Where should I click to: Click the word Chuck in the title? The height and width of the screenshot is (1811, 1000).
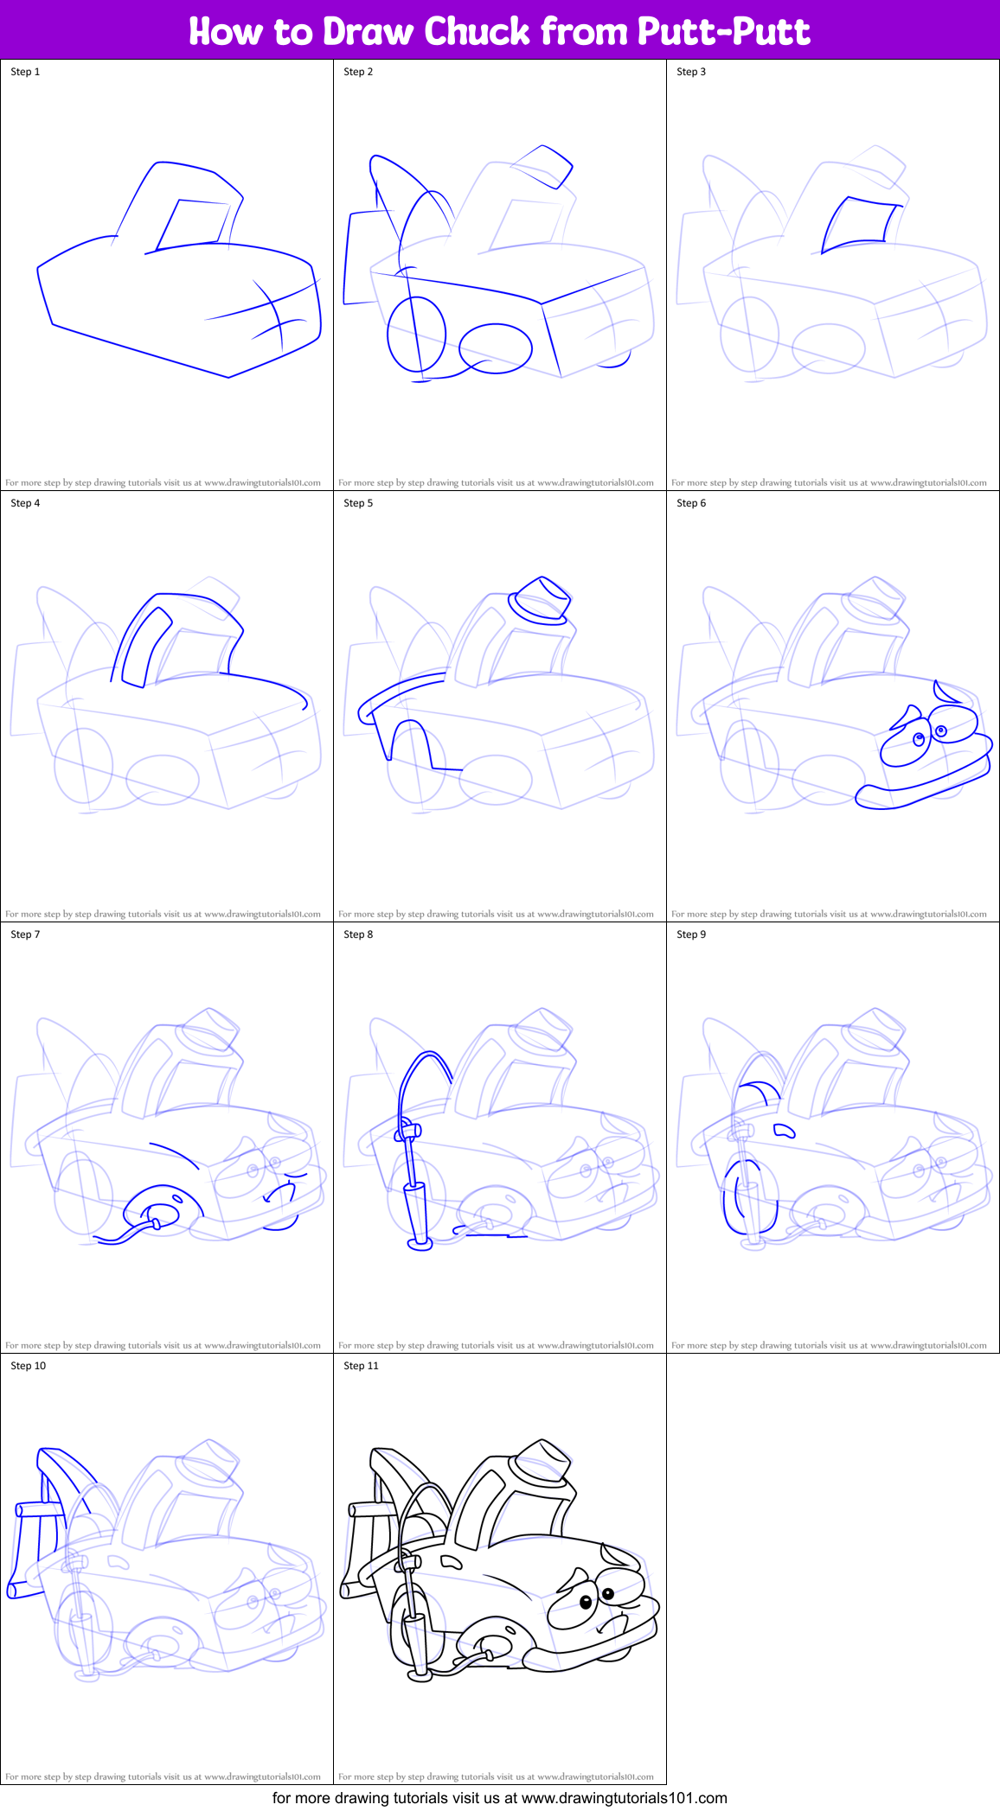478,31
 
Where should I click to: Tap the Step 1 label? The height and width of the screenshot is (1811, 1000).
25,72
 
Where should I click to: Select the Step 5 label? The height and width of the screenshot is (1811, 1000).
358,503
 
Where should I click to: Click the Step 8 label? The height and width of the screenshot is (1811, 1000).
358,934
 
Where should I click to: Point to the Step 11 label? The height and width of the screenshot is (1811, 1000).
361,1366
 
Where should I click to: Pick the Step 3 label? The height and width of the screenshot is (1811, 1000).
691,72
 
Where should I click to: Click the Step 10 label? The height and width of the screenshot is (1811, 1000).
28,1366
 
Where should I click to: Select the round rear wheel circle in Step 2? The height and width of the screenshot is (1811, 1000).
416,335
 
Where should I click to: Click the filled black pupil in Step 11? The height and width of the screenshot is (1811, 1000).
608,1593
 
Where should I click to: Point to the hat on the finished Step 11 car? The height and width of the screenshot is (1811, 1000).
542,1463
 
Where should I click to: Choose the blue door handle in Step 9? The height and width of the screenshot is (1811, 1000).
784,1130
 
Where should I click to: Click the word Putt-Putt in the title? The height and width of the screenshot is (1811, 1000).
723,31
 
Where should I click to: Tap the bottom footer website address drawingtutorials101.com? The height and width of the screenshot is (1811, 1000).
624,1798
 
